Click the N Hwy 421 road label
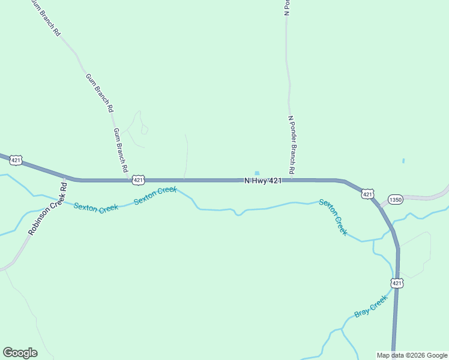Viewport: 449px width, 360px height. (x=263, y=181)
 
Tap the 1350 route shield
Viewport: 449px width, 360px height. (x=395, y=200)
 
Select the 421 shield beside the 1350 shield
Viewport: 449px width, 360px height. (x=367, y=193)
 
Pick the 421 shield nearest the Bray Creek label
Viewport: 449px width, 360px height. (x=397, y=283)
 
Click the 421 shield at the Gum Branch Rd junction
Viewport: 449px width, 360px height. (x=139, y=179)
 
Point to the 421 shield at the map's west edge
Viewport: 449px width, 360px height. (x=16, y=160)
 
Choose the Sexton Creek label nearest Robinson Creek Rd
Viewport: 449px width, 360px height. (x=96, y=208)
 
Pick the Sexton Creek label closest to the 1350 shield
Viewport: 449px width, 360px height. (x=333, y=217)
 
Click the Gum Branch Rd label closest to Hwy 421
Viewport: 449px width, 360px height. (x=120, y=148)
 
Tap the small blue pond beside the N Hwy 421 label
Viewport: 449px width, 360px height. (x=258, y=173)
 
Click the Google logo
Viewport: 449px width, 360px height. (x=20, y=353)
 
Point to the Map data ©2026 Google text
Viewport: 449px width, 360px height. (x=412, y=355)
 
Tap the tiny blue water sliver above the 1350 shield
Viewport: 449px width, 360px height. (x=403, y=161)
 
